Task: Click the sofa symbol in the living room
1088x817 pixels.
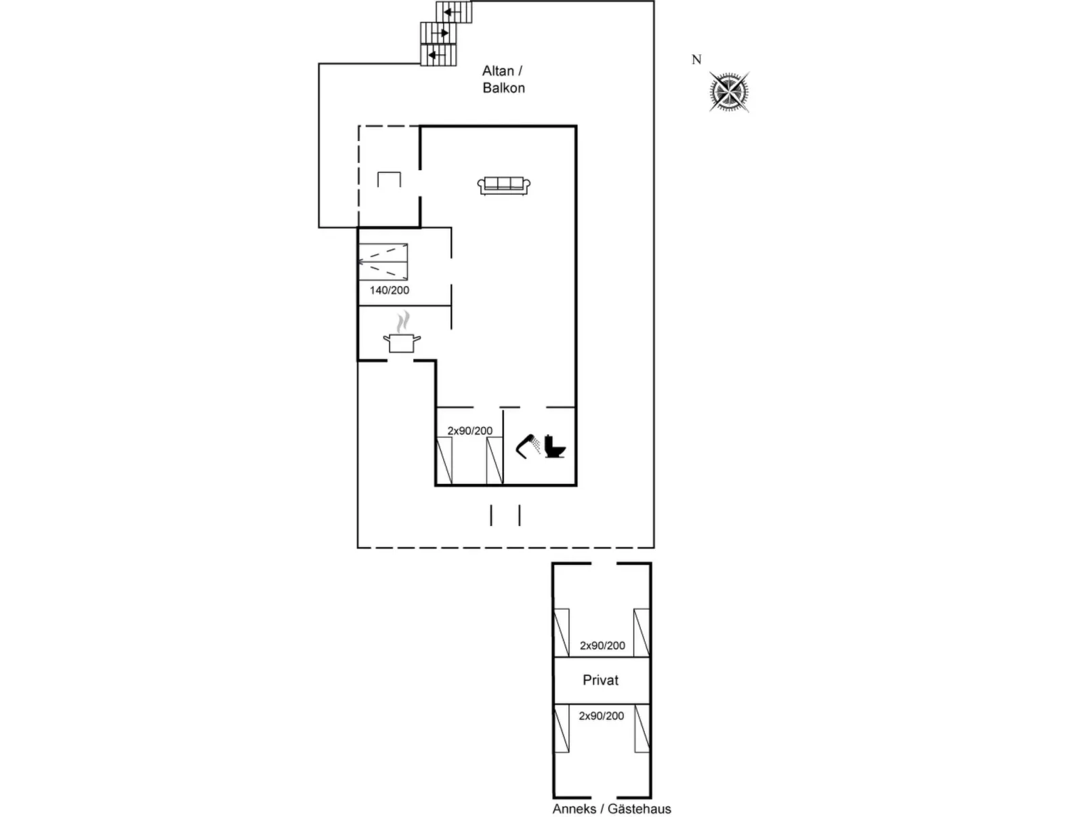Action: tap(503, 185)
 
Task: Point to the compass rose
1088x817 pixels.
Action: tap(729, 92)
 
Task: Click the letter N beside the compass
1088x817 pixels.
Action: tap(696, 60)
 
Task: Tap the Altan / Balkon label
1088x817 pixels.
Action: tap(503, 79)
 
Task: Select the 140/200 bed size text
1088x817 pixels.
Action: tap(390, 290)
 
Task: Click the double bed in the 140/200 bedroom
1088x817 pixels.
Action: tap(383, 262)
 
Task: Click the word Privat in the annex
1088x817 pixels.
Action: tap(601, 680)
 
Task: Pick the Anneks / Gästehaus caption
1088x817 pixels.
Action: tap(612, 809)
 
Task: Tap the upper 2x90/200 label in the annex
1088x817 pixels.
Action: tap(602, 645)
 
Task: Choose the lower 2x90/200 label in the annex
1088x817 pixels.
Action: tap(602, 715)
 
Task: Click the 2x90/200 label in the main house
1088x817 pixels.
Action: tap(470, 431)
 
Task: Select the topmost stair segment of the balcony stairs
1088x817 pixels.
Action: tap(454, 12)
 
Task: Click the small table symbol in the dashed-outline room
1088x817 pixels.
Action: tap(389, 180)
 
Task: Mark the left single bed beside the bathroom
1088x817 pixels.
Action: tap(444, 461)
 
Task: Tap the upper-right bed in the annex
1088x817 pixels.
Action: tap(642, 633)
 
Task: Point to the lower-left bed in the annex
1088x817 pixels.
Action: tap(562, 729)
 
